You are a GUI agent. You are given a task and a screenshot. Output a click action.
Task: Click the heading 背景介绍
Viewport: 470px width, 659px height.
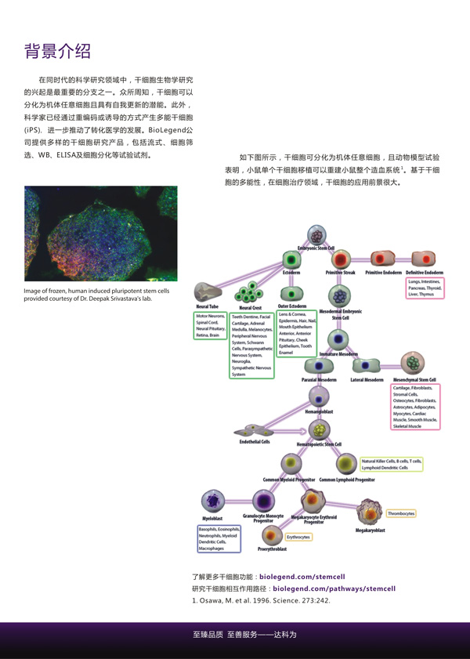coord(58,53)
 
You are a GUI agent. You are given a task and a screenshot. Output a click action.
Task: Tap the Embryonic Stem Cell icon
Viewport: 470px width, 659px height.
coord(316,234)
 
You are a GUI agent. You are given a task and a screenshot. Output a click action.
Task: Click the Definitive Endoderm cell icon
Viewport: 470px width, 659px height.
coord(424,259)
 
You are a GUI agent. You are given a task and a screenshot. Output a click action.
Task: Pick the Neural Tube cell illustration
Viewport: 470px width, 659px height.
coord(209,291)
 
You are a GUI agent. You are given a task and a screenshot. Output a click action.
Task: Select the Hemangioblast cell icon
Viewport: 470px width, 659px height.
coord(319,396)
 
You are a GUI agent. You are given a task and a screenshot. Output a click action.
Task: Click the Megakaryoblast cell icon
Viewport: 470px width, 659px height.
coord(369,513)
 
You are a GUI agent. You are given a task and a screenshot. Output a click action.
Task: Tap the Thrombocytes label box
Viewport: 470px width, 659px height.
coord(401,513)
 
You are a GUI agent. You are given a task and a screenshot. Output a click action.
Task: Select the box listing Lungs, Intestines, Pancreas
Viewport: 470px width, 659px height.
coord(424,287)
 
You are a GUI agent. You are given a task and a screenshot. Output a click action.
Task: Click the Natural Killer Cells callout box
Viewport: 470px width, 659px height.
coord(391,465)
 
